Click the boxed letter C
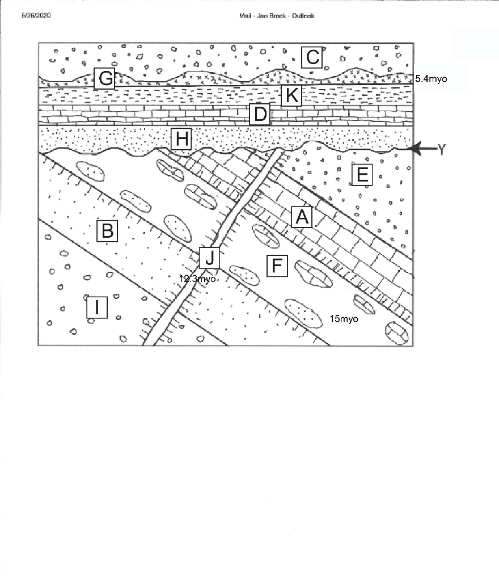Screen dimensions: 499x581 pos(312,57)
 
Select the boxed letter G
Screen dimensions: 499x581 pos(105,78)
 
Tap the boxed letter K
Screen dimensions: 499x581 pos(291,96)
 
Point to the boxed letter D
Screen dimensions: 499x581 pos(260,115)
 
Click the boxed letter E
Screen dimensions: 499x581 pos(361,175)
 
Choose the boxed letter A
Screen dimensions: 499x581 pos(302,217)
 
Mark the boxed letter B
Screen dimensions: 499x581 pos(107,231)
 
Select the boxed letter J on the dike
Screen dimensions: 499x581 pos(209,258)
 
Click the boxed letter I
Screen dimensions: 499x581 pos(97,308)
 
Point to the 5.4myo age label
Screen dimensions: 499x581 pos(431,79)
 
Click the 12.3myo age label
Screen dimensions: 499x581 pos(197,279)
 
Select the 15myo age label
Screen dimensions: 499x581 pos(344,319)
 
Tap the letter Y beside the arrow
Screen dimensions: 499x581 pos(442,149)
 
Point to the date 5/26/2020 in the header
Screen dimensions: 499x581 pos(36,15)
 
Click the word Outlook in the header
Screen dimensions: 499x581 pos(303,16)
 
